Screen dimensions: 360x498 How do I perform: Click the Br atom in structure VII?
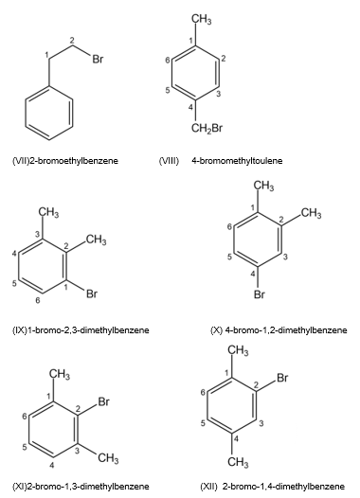click(x=98, y=59)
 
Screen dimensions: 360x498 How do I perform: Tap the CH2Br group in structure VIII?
click(x=207, y=129)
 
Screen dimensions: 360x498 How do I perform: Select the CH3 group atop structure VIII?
click(x=202, y=20)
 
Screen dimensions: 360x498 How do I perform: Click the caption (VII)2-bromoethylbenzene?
click(x=65, y=161)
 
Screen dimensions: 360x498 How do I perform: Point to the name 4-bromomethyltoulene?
click(x=237, y=161)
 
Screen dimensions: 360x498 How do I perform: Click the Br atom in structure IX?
click(x=92, y=293)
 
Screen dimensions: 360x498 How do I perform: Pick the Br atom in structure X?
click(x=260, y=294)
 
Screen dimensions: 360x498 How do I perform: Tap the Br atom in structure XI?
click(x=104, y=401)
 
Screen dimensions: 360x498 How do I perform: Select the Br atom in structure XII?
click(x=282, y=378)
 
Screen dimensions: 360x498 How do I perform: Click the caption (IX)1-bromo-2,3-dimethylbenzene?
click(x=81, y=330)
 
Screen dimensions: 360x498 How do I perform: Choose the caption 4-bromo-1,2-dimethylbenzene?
click(x=286, y=330)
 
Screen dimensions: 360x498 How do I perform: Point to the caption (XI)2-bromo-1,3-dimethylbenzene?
click(x=81, y=487)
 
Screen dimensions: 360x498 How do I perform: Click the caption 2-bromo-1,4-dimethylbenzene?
click(x=283, y=487)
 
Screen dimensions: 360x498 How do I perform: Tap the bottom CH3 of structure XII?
click(x=238, y=462)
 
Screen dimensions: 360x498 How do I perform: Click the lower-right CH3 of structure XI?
click(x=108, y=458)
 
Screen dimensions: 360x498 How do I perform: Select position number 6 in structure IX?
click(x=38, y=300)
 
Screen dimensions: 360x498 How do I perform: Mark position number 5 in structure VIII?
click(x=168, y=90)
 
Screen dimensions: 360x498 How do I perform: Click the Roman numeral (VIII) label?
click(x=169, y=161)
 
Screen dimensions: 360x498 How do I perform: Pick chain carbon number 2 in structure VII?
click(x=72, y=41)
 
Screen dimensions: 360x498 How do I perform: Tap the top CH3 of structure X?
click(x=263, y=187)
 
